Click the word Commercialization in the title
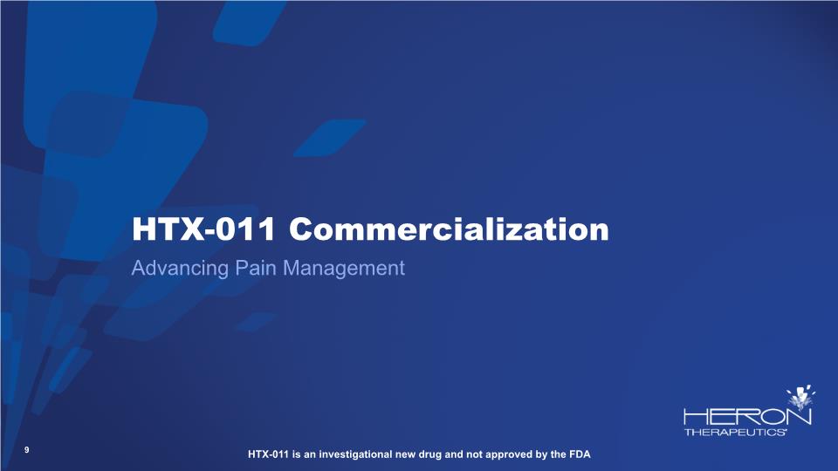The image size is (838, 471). coord(449,229)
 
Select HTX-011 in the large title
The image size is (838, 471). coord(203,229)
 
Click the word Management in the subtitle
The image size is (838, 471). coord(344,269)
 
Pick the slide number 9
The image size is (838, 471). coord(27,450)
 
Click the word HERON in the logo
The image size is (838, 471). coord(747,417)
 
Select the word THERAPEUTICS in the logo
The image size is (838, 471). coord(735,432)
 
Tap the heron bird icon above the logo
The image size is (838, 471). coord(800,398)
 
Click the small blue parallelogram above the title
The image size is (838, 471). coord(330,138)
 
